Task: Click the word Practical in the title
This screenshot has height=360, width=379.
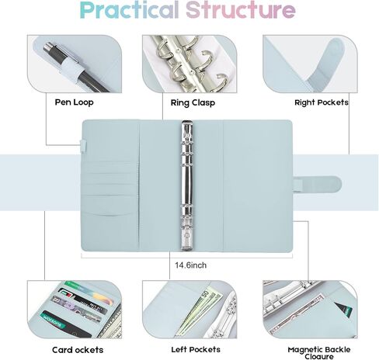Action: (129, 10)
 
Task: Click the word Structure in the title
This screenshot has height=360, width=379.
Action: (241, 10)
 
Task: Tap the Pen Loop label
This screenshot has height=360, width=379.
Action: (74, 102)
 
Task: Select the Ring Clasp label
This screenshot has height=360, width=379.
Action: (193, 102)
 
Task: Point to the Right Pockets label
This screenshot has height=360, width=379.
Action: (322, 102)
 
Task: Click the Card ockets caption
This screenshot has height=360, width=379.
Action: (78, 350)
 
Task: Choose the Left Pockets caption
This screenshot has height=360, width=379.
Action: (196, 350)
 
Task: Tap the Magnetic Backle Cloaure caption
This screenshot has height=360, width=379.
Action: (319, 353)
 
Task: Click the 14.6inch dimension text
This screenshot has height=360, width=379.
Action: (191, 265)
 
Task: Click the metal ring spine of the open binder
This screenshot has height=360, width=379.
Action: (187, 185)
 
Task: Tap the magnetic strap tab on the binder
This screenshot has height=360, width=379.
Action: (318, 184)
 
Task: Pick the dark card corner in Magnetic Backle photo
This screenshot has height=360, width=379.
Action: (343, 309)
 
